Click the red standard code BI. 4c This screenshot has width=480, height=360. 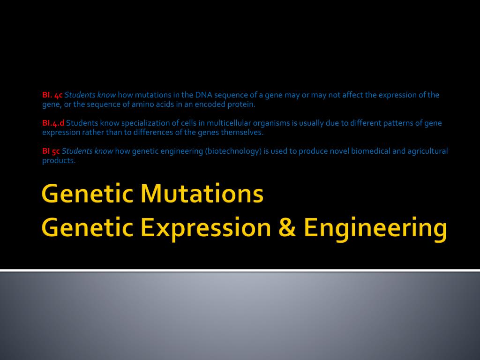[52, 95]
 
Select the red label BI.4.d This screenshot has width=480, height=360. [53, 123]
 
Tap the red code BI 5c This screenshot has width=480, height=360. [51, 151]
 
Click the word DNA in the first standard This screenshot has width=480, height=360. [204, 95]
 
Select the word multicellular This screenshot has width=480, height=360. [217, 123]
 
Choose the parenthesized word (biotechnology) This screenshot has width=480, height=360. [232, 151]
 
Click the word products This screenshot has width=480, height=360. [59, 160]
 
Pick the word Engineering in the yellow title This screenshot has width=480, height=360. [375, 228]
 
